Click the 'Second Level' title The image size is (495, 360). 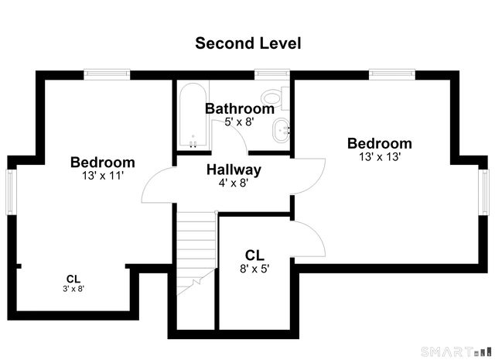click(247, 43)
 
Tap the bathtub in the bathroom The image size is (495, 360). click(193, 115)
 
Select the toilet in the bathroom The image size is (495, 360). click(275, 98)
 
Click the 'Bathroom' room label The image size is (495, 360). click(240, 108)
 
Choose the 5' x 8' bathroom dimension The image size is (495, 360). click(239, 122)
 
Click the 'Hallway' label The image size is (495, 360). click(234, 170)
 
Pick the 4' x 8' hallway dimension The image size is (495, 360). click(234, 183)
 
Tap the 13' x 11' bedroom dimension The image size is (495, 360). click(103, 176)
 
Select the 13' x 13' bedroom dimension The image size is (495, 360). click(380, 156)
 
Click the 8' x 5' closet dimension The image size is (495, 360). click(254, 269)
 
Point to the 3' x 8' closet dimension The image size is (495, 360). click(73, 289)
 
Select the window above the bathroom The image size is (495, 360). click(272, 74)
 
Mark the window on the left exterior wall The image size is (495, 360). click(12, 192)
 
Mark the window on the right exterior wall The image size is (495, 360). click(483, 192)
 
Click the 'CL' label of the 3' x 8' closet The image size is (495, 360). click(73, 279)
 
